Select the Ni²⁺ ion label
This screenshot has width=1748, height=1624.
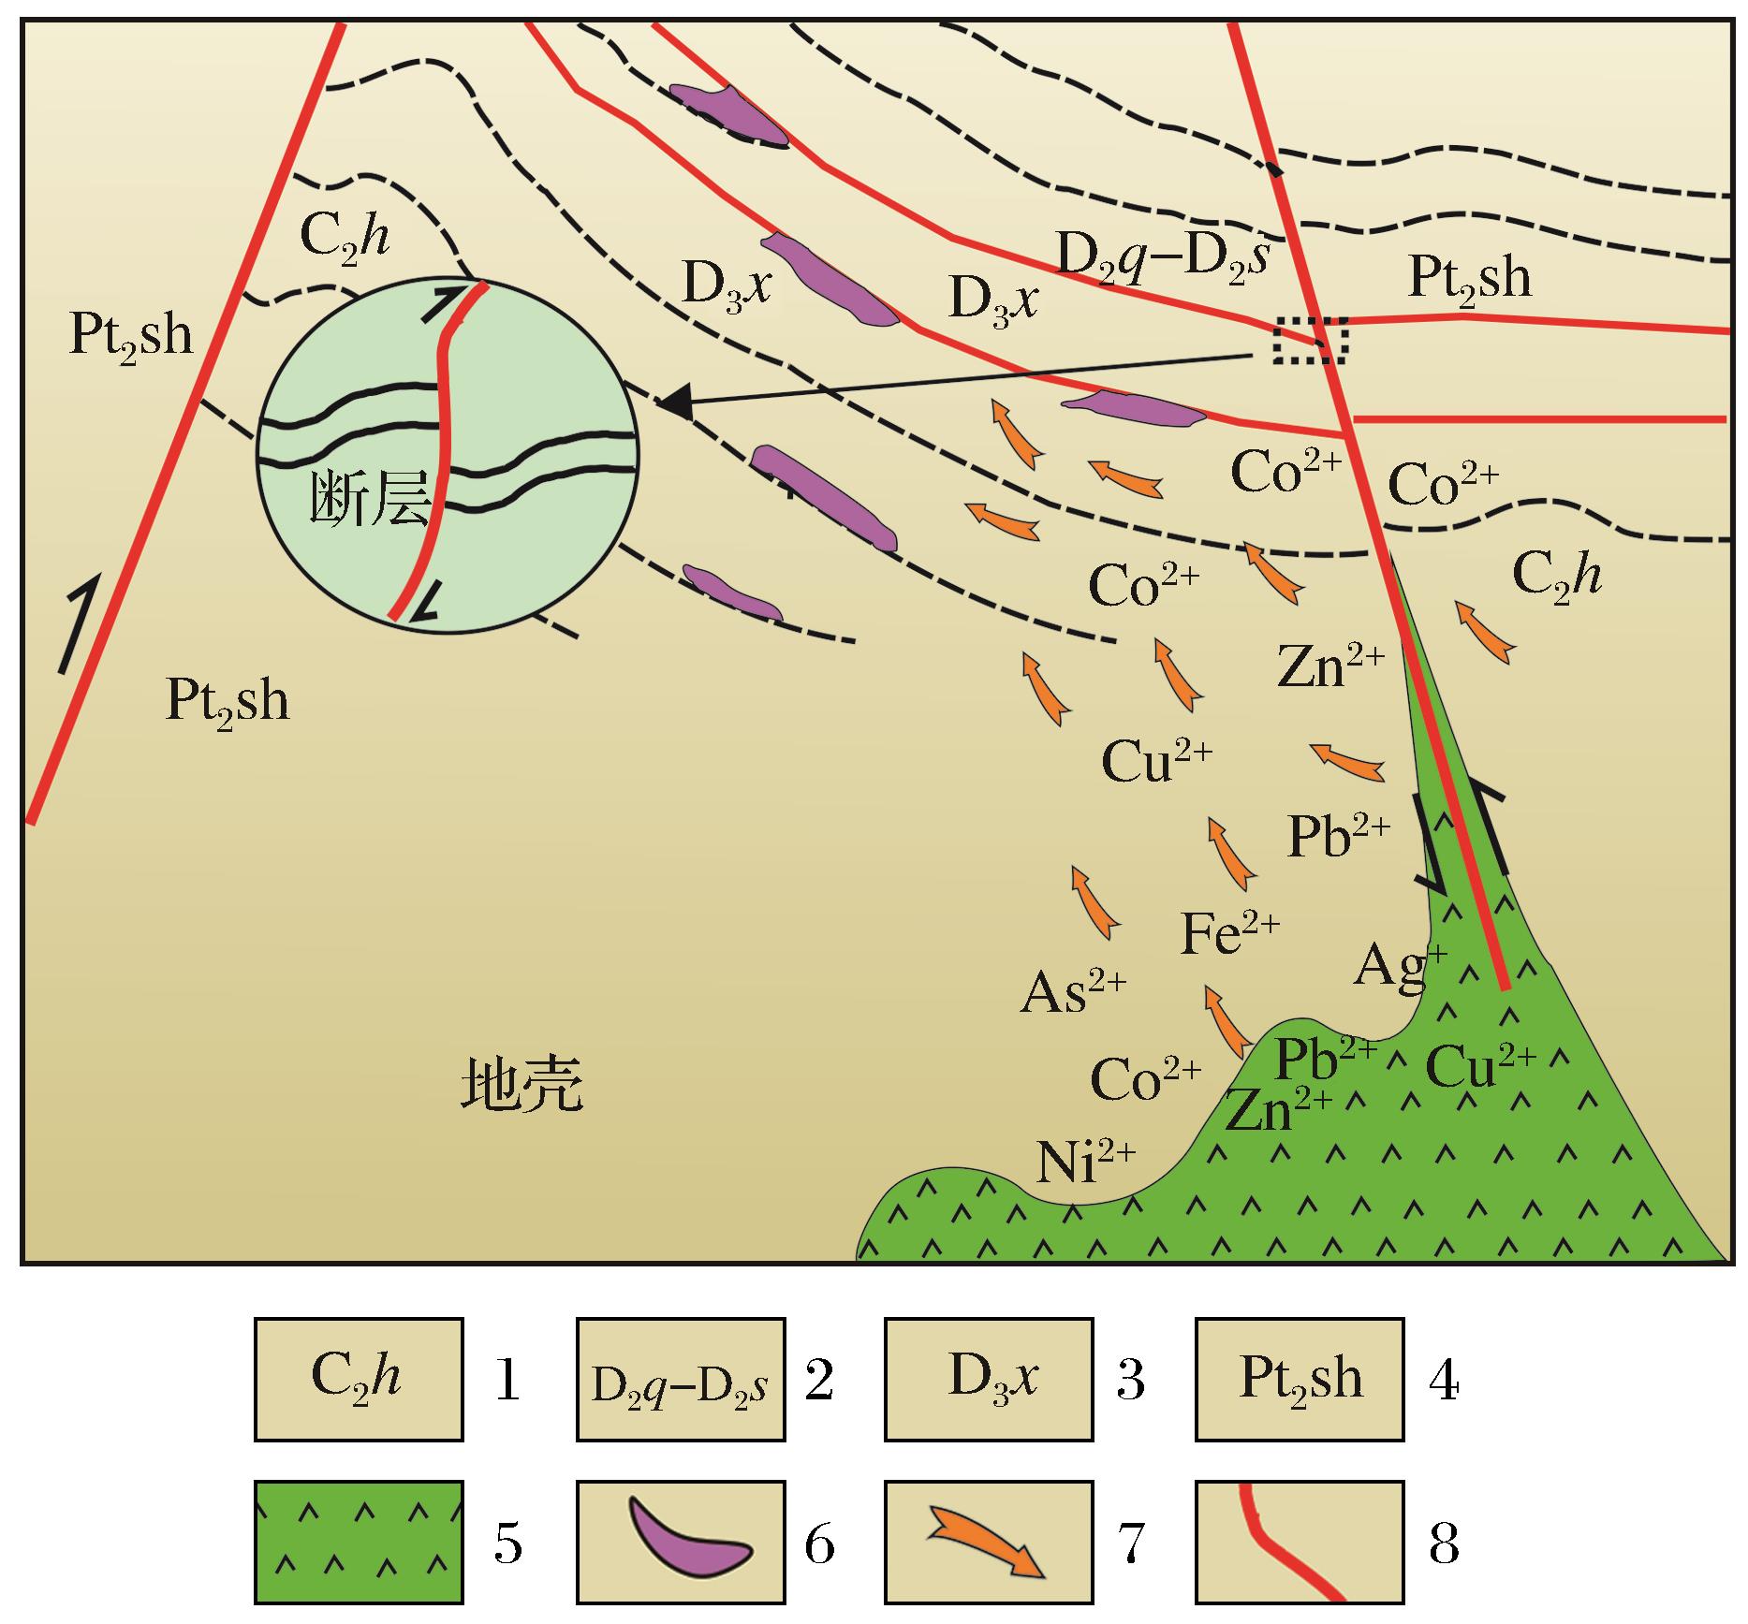1086,1162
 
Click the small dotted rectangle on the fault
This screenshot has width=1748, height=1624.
1311,340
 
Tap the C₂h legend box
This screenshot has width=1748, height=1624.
359,1379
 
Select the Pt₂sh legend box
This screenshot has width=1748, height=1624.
1300,1379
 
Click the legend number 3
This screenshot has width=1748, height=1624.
1131,1382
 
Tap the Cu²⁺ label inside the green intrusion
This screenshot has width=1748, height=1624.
1480,1065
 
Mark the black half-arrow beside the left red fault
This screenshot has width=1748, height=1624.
78,622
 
